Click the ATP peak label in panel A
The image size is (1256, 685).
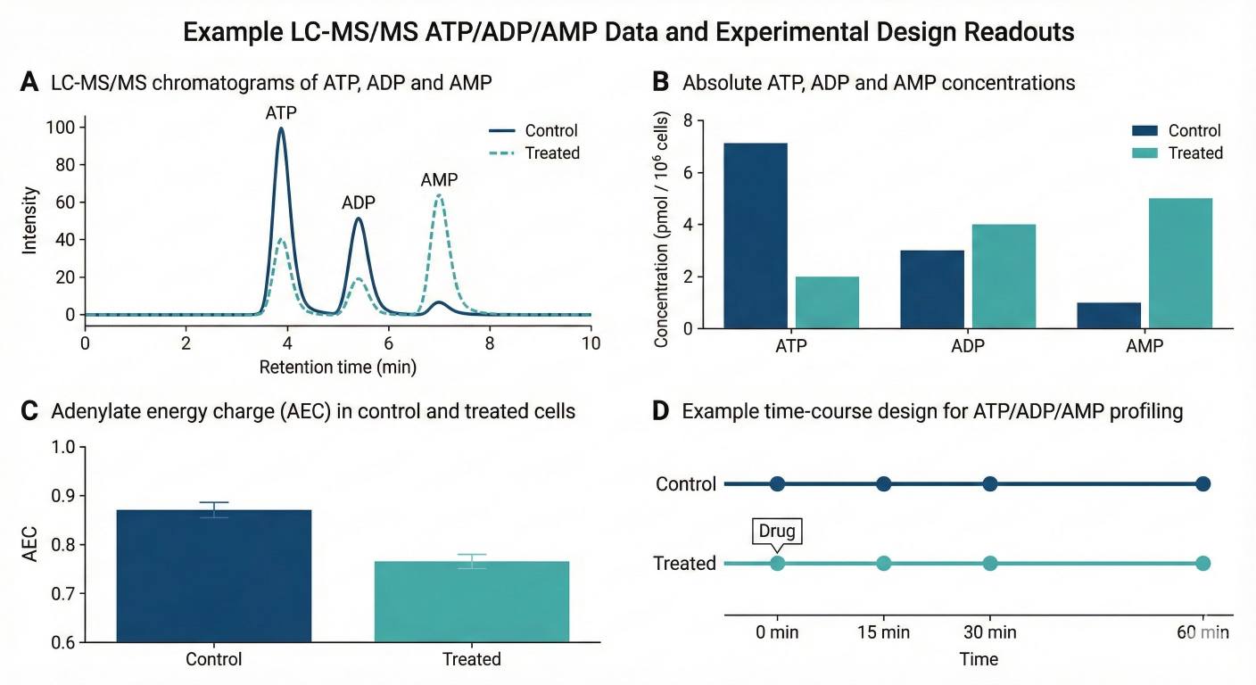pos(281,113)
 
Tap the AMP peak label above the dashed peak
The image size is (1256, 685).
pos(439,180)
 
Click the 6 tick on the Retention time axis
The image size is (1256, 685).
pos(388,343)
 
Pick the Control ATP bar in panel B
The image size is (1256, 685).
pos(755,235)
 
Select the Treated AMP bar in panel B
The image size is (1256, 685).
pos(1180,263)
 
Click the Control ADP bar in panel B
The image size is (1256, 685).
pos(931,289)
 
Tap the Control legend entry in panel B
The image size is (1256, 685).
pos(1177,130)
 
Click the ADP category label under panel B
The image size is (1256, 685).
pos(967,346)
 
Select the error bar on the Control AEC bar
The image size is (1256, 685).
pos(214,509)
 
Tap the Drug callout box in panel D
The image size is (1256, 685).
pos(776,532)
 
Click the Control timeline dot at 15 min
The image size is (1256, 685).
pos(883,484)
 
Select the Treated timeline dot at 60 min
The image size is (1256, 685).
pos(1202,563)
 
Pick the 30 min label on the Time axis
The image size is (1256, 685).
pos(989,633)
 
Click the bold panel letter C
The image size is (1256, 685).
pos(29,411)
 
